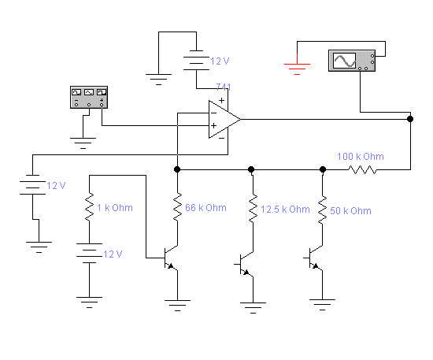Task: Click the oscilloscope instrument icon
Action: pyautogui.click(x=352, y=61)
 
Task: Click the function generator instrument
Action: pyautogui.click(x=89, y=97)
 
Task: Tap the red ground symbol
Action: pyautogui.click(x=297, y=67)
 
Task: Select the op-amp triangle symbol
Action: pyautogui.click(x=224, y=120)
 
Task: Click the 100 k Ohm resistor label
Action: pyautogui.click(x=361, y=157)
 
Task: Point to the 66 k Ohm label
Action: pyautogui.click(x=205, y=208)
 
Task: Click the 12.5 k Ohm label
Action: pyautogui.click(x=285, y=210)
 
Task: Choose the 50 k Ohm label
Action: pyautogui.click(x=350, y=211)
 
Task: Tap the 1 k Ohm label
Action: pyautogui.click(x=115, y=208)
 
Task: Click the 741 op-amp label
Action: pyautogui.click(x=224, y=87)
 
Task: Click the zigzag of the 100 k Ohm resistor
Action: pyautogui.click(x=362, y=169)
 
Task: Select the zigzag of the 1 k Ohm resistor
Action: pyautogui.click(x=89, y=206)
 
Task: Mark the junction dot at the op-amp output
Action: pyautogui.click(x=410, y=119)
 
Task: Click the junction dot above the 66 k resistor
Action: pyautogui.click(x=177, y=169)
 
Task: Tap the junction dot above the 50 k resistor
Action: pyautogui.click(x=323, y=169)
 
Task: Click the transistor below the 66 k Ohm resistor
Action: pyautogui.click(x=170, y=258)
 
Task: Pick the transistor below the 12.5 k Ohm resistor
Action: pyautogui.click(x=245, y=265)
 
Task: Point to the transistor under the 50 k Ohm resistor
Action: pyautogui.click(x=314, y=258)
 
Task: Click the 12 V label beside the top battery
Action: pyautogui.click(x=220, y=61)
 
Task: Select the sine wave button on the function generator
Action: pyautogui.click(x=89, y=92)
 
